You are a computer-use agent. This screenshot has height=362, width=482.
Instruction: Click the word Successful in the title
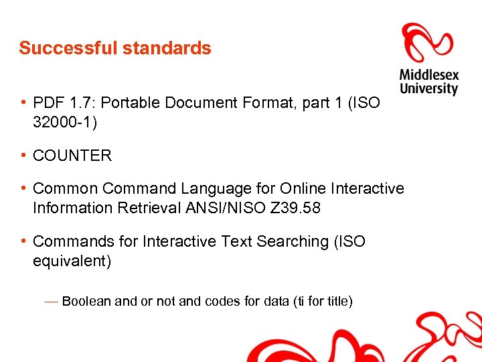click(x=59, y=48)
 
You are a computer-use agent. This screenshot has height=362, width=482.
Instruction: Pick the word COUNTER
click(x=72, y=156)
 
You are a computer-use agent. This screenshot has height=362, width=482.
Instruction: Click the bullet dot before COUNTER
click(x=23, y=155)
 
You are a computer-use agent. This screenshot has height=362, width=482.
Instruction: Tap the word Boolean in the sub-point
click(x=86, y=302)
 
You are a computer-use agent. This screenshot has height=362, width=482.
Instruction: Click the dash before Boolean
click(x=52, y=302)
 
